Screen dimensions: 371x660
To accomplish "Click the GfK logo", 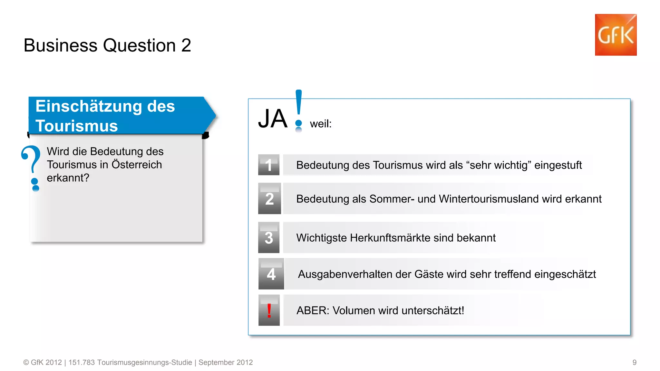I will (616, 35).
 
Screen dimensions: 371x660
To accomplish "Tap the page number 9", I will (634, 362).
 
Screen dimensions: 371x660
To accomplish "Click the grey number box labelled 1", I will (269, 165).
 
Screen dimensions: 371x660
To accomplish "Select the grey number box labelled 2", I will (269, 199).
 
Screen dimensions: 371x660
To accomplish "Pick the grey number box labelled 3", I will (269, 238).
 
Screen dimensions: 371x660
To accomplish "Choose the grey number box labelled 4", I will (271, 274).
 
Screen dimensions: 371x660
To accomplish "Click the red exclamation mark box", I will (269, 310).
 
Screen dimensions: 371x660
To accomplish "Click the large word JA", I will (273, 119).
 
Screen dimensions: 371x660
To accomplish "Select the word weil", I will (320, 124).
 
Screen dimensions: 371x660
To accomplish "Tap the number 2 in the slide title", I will (186, 45).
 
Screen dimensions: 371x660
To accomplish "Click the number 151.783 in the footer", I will (82, 362).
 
